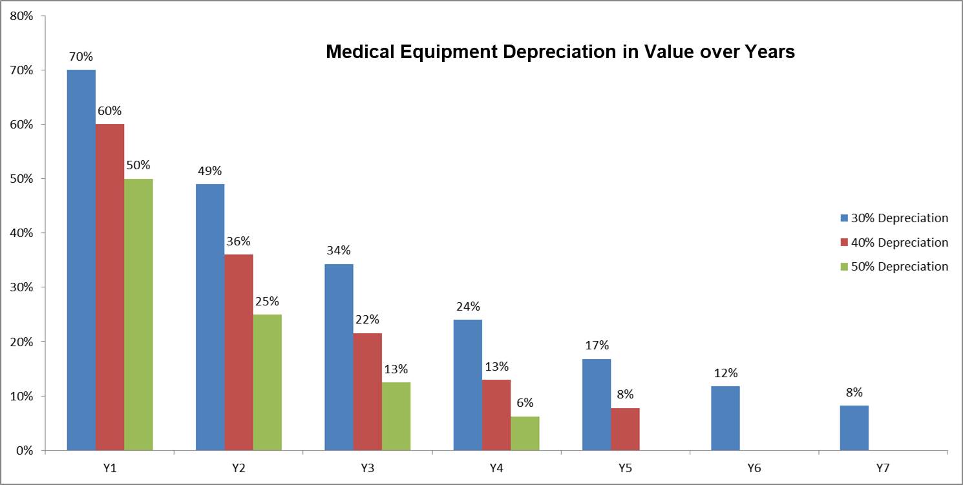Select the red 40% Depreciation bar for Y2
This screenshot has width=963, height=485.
pos(238,352)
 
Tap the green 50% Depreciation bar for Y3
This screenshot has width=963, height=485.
pos(396,416)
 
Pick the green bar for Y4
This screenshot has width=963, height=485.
pos(525,433)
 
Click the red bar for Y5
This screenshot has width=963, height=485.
pos(625,429)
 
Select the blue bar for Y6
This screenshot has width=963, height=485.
pos(725,418)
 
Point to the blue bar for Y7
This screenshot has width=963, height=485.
pos(854,428)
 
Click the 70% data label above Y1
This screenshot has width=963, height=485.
pos(81,57)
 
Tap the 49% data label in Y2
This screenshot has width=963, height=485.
pos(210,171)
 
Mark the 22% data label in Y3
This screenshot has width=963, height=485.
pos(367,320)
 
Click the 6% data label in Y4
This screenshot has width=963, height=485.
pos(525,403)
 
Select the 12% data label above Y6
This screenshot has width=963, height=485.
pos(726,373)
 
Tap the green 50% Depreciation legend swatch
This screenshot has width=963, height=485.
pos(843,267)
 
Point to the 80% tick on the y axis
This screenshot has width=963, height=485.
pos(21,15)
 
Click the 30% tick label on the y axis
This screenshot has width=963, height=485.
pos(21,287)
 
